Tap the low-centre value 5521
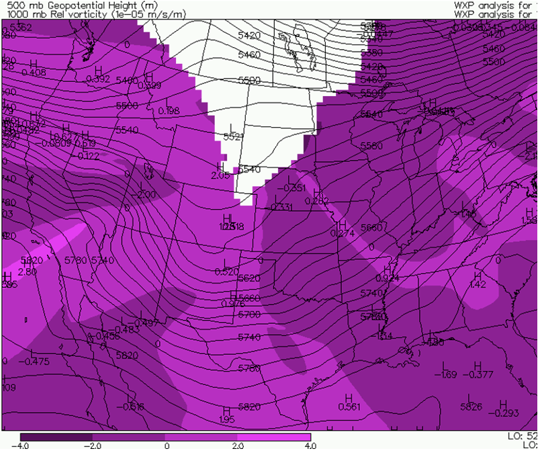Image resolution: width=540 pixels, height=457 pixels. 232,136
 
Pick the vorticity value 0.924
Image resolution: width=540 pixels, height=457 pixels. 388,278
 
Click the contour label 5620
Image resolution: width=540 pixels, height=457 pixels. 249,278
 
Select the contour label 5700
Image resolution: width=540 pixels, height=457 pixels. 249,315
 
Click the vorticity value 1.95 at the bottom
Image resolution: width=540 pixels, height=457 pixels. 227,419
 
